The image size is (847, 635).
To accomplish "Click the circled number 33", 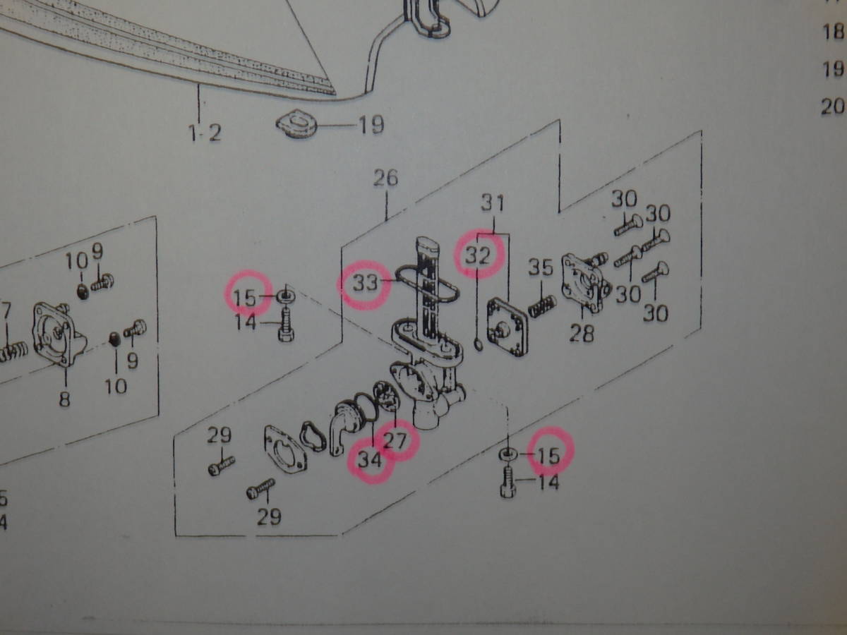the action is point(366,284).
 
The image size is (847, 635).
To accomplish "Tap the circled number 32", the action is point(478,255).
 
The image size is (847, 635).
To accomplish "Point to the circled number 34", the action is point(370,460).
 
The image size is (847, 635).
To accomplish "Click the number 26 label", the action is point(385,178).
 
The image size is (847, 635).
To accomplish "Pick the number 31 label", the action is point(493,202).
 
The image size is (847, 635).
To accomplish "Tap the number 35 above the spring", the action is point(540,267).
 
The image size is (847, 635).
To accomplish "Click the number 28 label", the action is point(582,333).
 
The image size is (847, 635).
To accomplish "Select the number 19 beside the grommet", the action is point(371,125).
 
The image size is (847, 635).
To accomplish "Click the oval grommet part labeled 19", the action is point(296,124).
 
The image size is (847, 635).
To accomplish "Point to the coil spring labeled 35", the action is point(542,306).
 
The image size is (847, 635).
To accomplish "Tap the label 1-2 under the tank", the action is point(205,133).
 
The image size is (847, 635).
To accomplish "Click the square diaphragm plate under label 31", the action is point(507,327).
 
